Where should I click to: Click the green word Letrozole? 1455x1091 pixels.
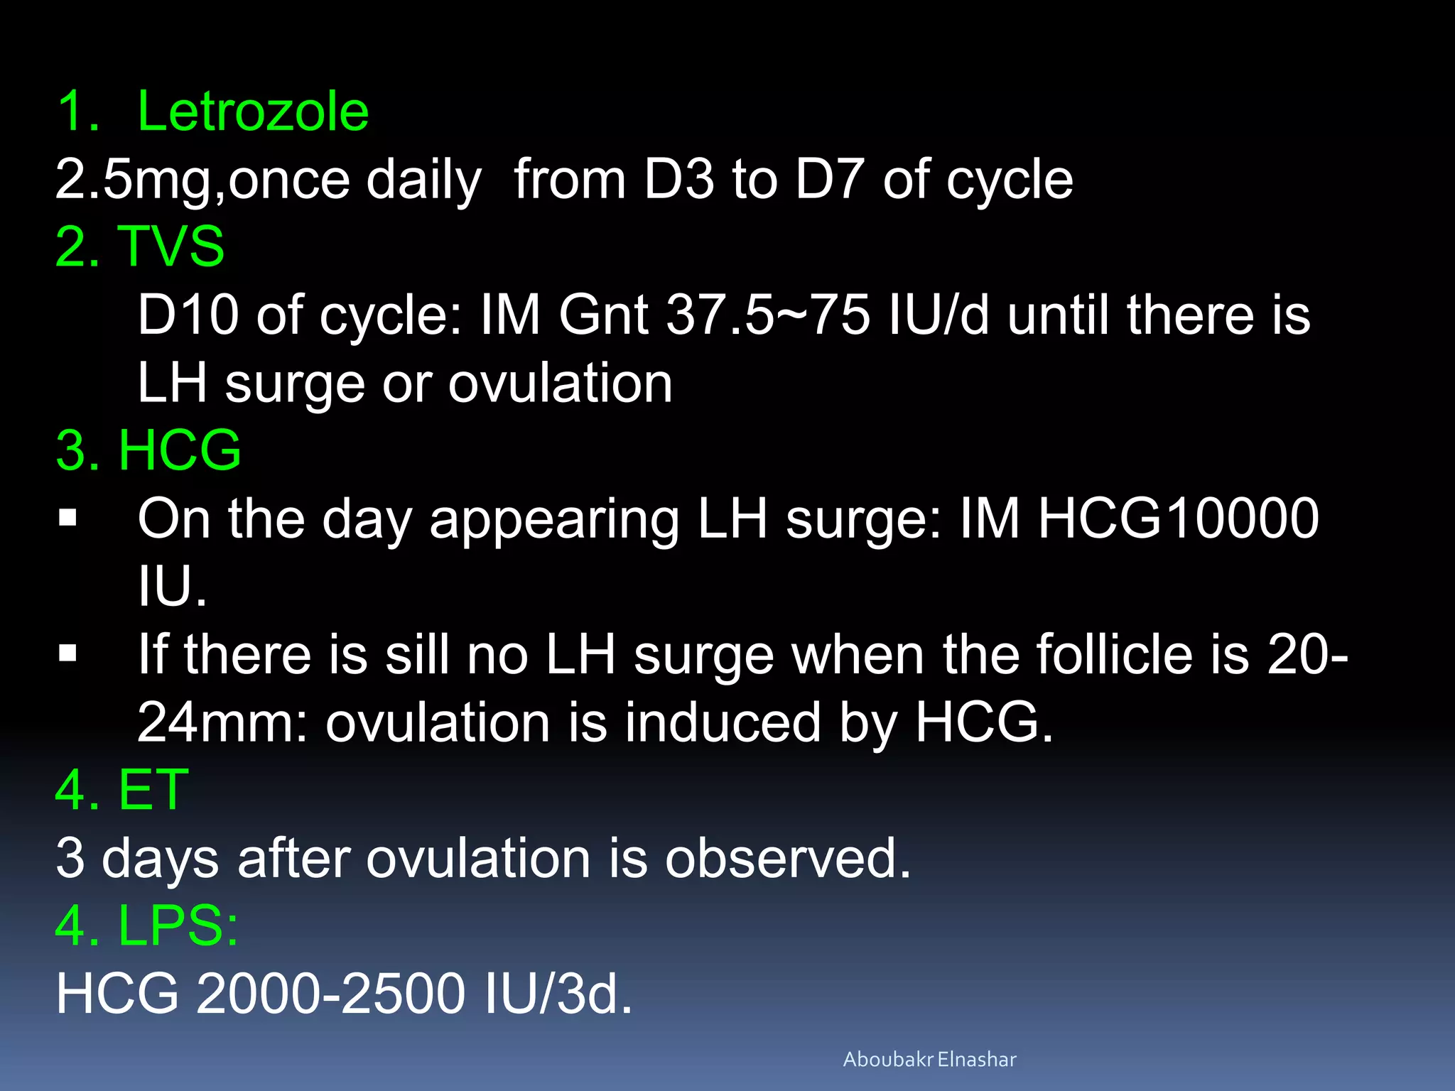point(252,112)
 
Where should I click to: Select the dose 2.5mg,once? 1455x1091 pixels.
point(202,180)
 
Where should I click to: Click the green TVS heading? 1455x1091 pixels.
point(171,246)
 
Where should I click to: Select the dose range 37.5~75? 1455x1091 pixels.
point(767,315)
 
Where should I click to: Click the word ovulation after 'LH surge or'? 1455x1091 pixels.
point(560,384)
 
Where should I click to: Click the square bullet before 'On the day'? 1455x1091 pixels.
point(68,518)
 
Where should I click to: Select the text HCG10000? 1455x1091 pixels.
point(1178,519)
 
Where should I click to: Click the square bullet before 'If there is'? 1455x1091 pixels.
point(68,653)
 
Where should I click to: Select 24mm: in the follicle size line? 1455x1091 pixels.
point(222,722)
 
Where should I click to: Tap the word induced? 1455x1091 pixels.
point(723,722)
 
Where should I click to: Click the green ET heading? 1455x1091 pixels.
point(153,790)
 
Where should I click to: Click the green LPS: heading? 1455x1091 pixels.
point(178,926)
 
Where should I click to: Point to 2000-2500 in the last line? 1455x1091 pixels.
point(330,994)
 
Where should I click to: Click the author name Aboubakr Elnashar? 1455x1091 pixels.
point(929,1060)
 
